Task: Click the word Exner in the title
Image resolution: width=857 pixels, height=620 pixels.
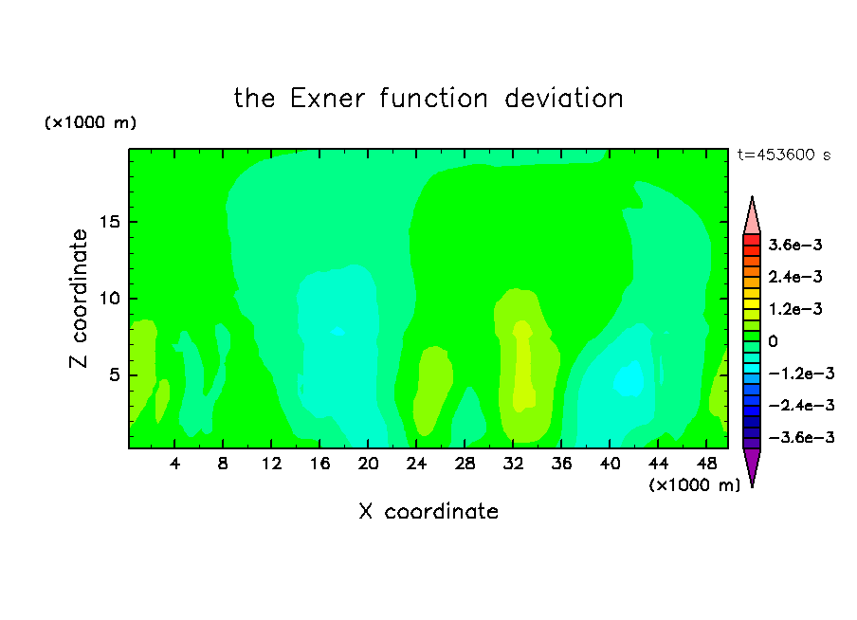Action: (327, 99)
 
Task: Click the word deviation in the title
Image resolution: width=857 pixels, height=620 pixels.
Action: (563, 99)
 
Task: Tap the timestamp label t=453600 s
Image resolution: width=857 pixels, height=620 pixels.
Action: (784, 155)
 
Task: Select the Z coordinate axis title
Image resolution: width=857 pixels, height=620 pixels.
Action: (79, 299)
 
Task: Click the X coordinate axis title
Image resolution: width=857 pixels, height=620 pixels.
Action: (428, 511)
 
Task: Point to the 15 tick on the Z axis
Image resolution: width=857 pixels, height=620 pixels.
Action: (110, 222)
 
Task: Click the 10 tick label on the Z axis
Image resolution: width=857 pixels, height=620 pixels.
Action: (110, 299)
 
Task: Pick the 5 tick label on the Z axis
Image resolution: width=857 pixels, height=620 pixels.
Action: (115, 375)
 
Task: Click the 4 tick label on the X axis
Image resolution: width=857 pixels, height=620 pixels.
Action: (174, 464)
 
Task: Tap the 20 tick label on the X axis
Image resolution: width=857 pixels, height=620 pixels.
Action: (368, 464)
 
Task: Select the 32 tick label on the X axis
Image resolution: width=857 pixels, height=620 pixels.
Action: (513, 464)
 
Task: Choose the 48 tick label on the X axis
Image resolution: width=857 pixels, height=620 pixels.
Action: (706, 464)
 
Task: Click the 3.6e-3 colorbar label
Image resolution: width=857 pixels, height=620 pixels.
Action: (795, 245)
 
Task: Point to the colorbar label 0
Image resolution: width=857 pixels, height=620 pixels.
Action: (773, 341)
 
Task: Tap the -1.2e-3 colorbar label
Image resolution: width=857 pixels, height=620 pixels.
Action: (801, 374)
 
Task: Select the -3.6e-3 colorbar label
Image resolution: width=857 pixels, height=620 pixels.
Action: (801, 437)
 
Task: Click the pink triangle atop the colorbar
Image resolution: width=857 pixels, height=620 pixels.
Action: (752, 219)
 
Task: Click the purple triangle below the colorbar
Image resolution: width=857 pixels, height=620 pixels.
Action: (752, 464)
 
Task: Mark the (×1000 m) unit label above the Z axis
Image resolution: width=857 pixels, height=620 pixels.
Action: (90, 122)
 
